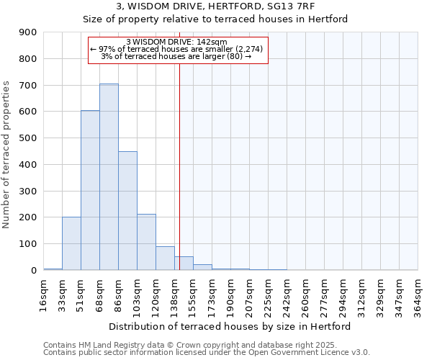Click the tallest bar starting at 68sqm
pos(109,177)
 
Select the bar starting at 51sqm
pos(90,191)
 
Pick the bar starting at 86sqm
pos(127,211)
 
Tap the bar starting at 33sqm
pos(71,243)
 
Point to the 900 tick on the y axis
pos(28,32)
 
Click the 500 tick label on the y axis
pos(28,138)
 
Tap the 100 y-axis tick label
pos(28,244)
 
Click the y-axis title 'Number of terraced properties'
pos(6,155)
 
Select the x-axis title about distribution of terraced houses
pos(230,326)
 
